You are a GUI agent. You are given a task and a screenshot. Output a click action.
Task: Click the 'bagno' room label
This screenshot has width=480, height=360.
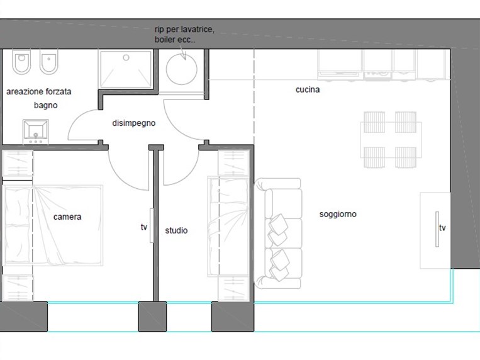pyautogui.click(x=46, y=105)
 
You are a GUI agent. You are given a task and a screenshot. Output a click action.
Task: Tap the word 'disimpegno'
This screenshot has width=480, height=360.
pyautogui.click(x=134, y=123)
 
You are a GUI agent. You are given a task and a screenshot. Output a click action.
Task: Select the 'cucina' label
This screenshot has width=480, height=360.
pyautogui.click(x=308, y=89)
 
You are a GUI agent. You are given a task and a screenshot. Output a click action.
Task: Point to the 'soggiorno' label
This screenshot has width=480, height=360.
pyautogui.click(x=338, y=214)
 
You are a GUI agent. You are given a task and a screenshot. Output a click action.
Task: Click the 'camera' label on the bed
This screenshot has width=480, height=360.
pyautogui.click(x=67, y=217)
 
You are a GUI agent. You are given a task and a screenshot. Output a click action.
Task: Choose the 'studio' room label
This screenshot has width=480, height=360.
pyautogui.click(x=176, y=230)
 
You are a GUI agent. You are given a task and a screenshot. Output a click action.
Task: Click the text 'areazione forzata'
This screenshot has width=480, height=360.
pyautogui.click(x=39, y=92)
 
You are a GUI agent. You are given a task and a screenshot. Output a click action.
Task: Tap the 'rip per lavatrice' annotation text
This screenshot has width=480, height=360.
pyautogui.click(x=184, y=30)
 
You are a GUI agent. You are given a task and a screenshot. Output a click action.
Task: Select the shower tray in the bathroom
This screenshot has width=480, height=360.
pyautogui.click(x=126, y=70)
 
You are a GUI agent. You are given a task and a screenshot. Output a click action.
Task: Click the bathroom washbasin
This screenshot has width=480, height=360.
pyautogui.click(x=35, y=132)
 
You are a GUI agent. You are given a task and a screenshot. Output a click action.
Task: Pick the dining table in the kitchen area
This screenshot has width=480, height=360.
pyautogui.click(x=391, y=140)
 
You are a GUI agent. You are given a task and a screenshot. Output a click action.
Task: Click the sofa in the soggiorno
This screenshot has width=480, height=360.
pyautogui.click(x=278, y=233)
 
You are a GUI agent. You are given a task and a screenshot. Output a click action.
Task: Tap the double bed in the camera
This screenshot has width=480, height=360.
pyautogui.click(x=53, y=225)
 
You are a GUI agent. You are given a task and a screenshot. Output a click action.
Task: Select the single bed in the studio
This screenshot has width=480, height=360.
pyautogui.click(x=228, y=227)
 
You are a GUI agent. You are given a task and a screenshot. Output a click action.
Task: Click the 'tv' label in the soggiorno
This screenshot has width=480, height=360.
pyautogui.click(x=442, y=228)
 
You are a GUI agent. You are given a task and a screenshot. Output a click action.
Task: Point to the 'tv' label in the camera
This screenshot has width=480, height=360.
pyautogui.click(x=144, y=227)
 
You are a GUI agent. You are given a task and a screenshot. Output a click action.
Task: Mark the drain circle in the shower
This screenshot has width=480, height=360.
pyautogui.click(x=126, y=58)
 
